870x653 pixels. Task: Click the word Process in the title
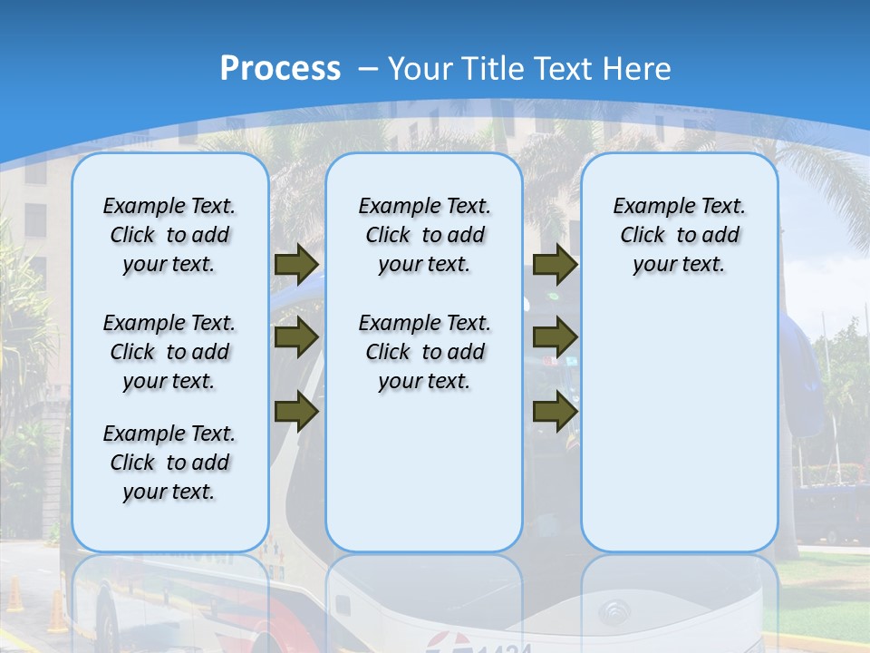[280, 68]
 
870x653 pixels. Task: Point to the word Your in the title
[420, 68]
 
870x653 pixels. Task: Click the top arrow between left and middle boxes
[295, 264]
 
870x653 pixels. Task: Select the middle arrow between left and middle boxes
[295, 337]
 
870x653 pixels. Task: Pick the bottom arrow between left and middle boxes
[295, 411]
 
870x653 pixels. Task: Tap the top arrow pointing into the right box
[555, 264]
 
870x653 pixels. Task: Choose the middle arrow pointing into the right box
[555, 337]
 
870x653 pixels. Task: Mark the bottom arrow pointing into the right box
[555, 411]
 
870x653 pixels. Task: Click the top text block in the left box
[169, 235]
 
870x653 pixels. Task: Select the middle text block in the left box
[169, 352]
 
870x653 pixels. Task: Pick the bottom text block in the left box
[169, 463]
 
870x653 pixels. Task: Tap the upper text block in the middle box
[424, 235]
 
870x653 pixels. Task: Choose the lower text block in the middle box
[424, 352]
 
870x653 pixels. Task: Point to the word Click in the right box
[643, 236]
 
